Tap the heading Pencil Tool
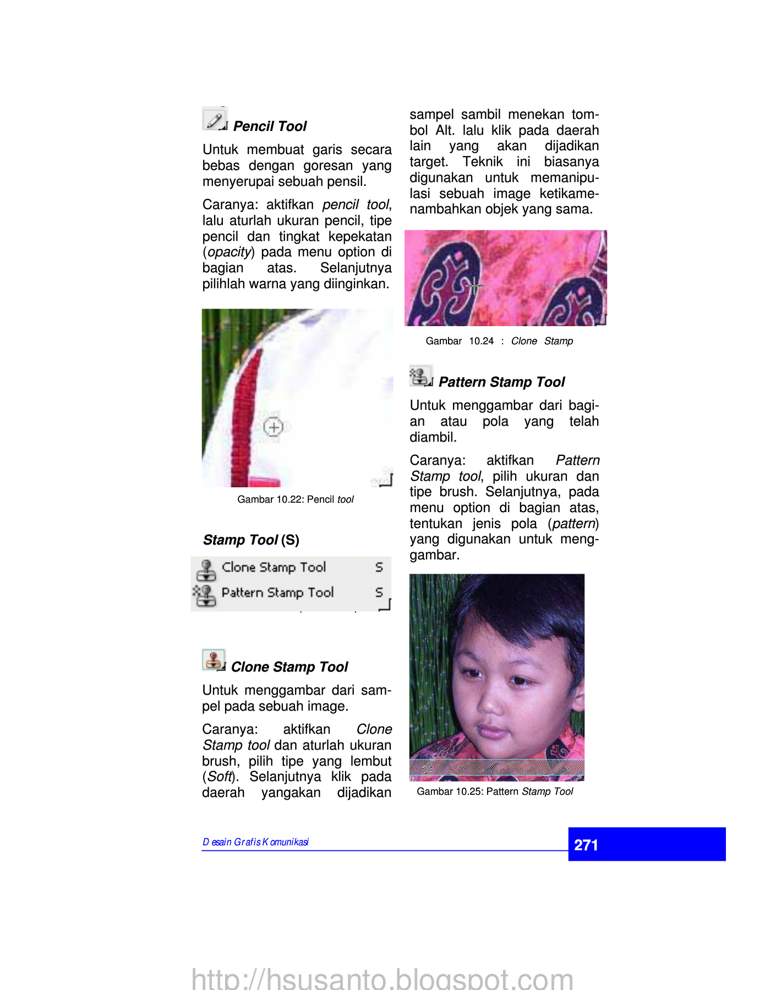click(270, 127)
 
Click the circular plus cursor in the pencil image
click(274, 427)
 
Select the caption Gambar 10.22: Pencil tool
click(296, 499)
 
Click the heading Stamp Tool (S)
click(251, 540)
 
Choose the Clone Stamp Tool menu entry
click(274, 567)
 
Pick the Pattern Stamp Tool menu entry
click(277, 592)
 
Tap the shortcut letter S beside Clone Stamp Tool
click(379, 567)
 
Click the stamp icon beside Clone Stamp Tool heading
click(214, 660)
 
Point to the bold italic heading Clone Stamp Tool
click(289, 667)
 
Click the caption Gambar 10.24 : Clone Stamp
click(499, 341)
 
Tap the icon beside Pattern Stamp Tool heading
click(420, 376)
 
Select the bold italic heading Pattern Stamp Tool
click(501, 382)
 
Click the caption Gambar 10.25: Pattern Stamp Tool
click(495, 791)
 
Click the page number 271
click(586, 845)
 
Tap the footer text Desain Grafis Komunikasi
click(255, 842)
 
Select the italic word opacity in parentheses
click(229, 252)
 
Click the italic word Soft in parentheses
click(220, 777)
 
